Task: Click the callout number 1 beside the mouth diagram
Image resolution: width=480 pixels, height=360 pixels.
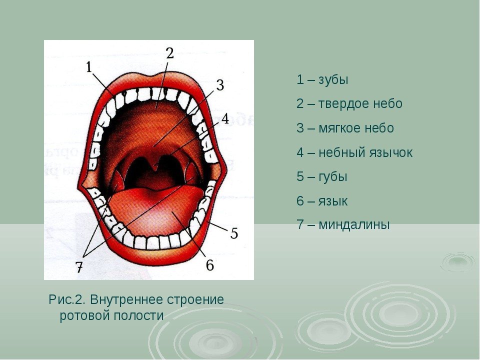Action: pos(89,67)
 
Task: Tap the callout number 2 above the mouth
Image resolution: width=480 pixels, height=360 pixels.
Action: pos(170,53)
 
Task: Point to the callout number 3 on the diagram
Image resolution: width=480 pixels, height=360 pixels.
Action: pos(220,85)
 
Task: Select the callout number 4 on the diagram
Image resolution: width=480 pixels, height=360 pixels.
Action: pos(225,119)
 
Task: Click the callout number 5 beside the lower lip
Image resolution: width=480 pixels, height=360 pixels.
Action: pos(234,233)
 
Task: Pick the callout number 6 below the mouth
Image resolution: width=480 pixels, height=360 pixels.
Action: pos(209,265)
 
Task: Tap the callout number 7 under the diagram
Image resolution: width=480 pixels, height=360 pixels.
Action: pos(79,267)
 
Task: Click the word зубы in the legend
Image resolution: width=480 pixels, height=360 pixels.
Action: pos(333,80)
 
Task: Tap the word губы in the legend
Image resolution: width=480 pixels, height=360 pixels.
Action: pos(333,177)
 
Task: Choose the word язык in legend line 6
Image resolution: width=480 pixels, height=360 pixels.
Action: pos(333,201)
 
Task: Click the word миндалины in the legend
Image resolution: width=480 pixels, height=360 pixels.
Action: pos(354,224)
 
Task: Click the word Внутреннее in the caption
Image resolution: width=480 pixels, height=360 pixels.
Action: pos(126,299)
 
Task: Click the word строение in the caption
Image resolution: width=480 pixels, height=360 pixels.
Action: pos(195,299)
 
